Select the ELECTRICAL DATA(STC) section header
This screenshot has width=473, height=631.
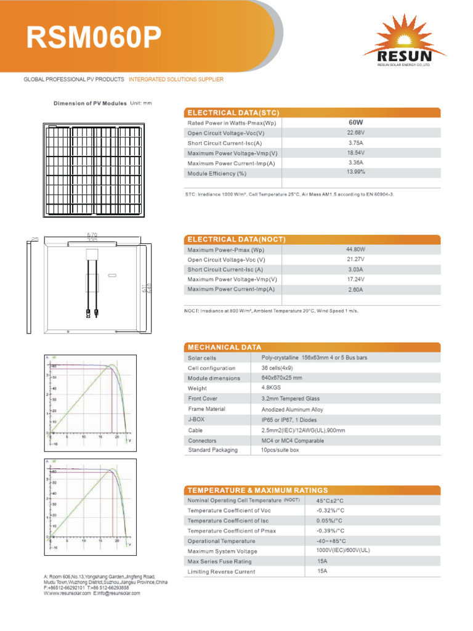(233, 113)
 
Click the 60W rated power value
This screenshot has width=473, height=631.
(355, 123)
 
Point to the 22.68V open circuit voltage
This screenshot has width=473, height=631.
(355, 132)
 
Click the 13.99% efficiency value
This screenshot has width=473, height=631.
(355, 172)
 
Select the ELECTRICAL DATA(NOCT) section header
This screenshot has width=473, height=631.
(236, 239)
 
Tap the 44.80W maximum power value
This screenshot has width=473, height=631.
(355, 250)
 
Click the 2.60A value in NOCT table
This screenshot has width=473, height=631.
(355, 290)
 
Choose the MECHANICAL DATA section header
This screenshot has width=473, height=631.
(224, 347)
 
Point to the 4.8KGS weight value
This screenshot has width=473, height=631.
(271, 388)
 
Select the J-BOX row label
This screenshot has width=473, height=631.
(196, 419)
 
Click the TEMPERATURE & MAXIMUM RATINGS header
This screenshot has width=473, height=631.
(257, 490)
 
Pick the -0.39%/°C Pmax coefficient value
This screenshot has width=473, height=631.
(330, 531)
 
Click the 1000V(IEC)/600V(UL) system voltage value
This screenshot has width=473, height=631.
(343, 550)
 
